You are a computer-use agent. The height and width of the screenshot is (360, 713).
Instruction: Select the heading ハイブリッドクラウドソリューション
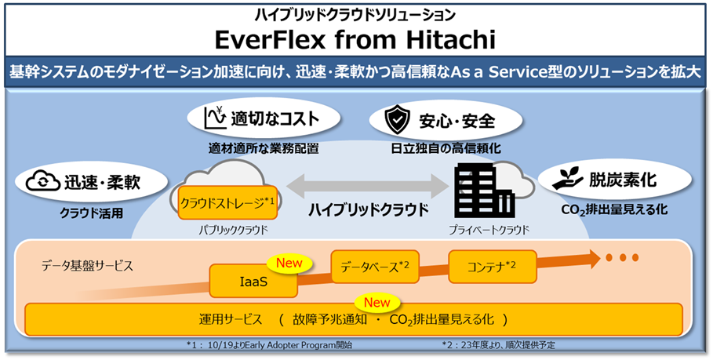tap(356, 14)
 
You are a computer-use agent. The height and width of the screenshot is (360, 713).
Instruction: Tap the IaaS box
tap(254, 281)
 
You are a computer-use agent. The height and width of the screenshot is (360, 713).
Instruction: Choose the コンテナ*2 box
tap(487, 266)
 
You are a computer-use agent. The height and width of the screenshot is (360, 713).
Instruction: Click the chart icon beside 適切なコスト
tap(213, 119)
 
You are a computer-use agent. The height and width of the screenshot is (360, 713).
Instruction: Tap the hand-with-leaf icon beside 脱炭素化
tap(566, 180)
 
